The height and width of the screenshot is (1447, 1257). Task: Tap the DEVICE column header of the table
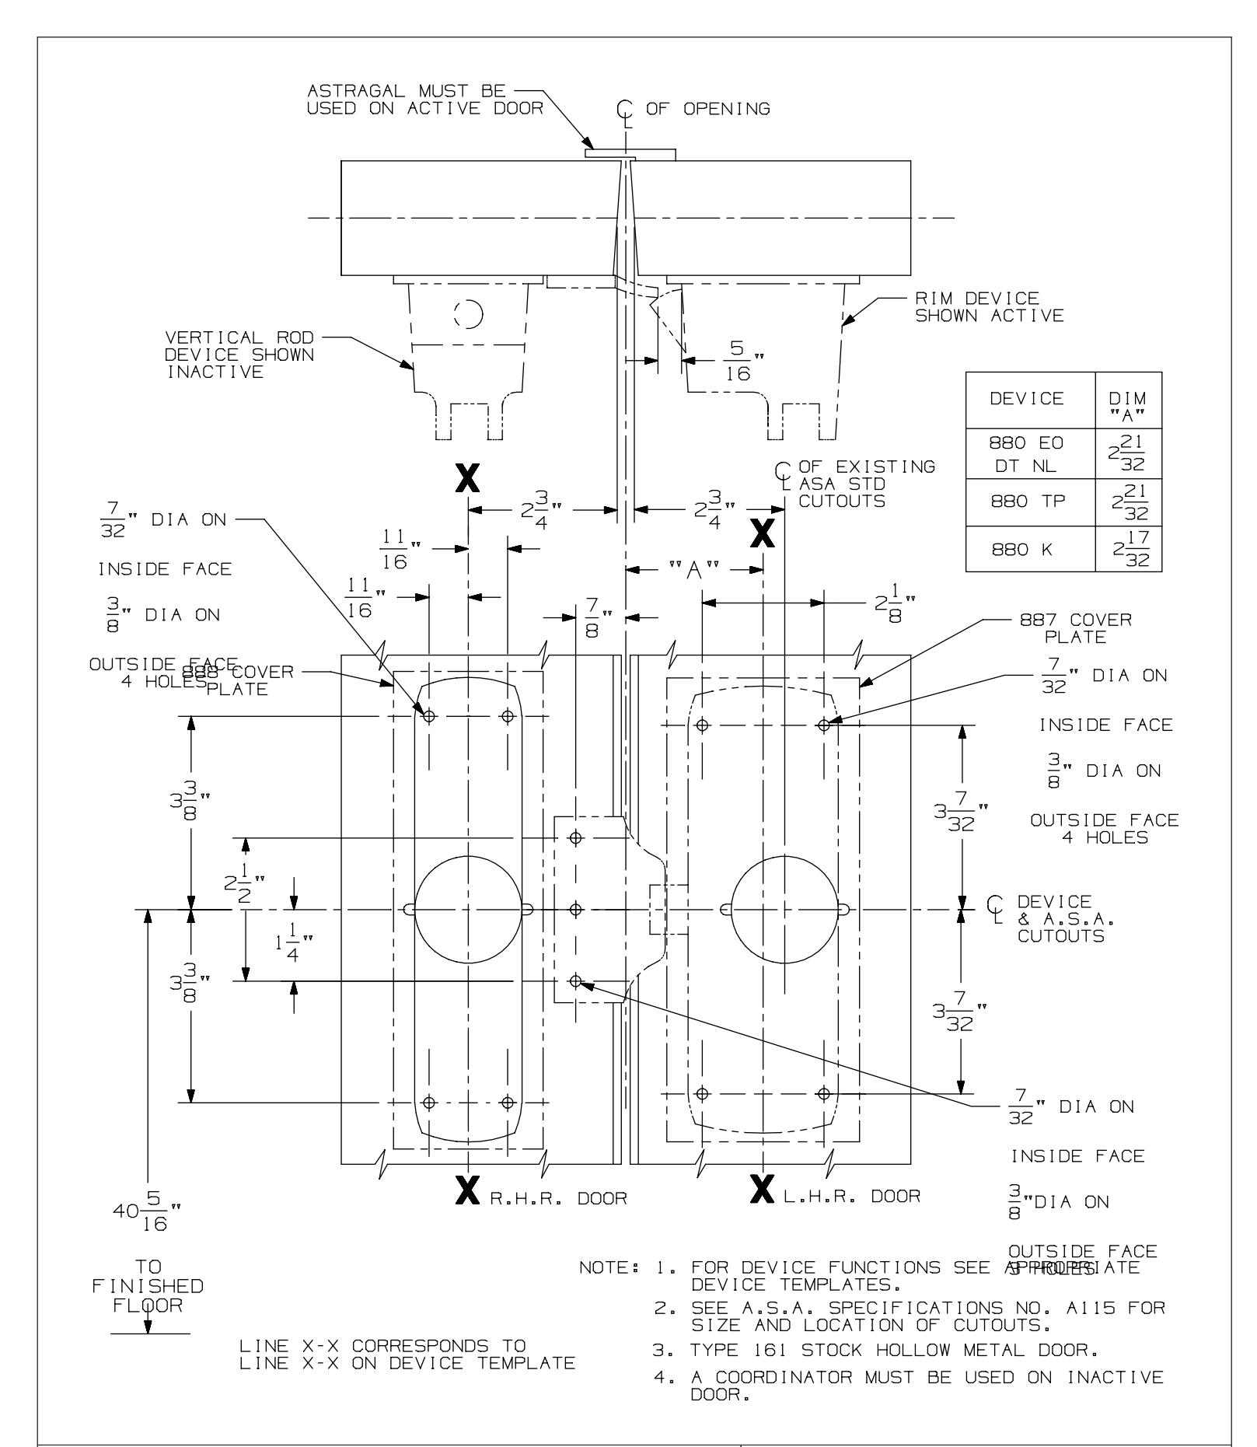coord(1030,399)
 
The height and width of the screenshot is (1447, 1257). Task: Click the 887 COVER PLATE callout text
coord(1076,628)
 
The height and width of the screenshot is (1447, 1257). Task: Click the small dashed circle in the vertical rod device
coord(469,314)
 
